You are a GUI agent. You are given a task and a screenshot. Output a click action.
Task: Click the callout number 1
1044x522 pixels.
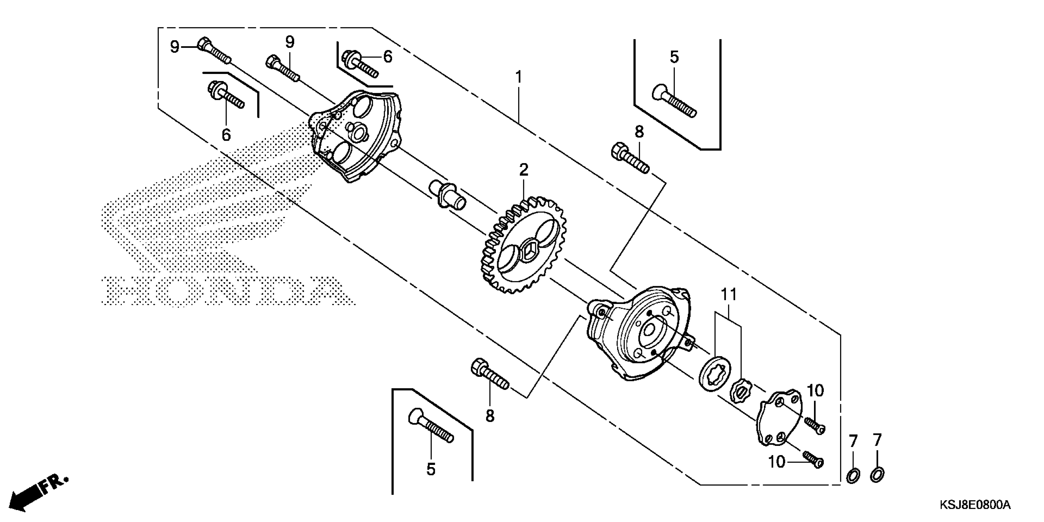pos(518,77)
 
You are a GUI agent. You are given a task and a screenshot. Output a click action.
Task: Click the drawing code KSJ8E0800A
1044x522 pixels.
pos(974,505)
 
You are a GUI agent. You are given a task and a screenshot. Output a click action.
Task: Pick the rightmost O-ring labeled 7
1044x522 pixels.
pos(877,474)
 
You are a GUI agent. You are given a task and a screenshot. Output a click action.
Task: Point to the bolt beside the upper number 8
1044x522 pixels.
pos(629,158)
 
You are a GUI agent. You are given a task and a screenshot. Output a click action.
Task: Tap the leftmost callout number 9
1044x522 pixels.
pos(175,47)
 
